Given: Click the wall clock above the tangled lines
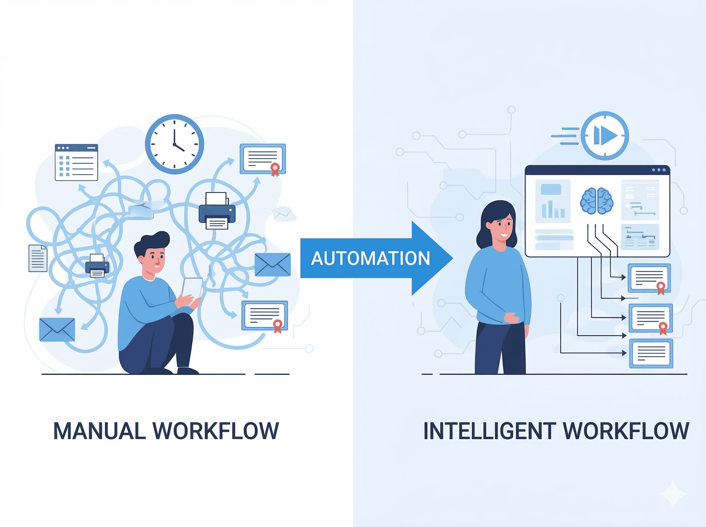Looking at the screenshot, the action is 174,144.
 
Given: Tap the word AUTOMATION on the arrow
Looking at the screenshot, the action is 370,259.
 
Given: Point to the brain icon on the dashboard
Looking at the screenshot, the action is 597,201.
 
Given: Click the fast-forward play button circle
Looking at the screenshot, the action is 605,136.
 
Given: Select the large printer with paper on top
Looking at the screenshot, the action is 217,211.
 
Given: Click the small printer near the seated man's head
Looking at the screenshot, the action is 97,266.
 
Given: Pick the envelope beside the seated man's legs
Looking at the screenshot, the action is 57,330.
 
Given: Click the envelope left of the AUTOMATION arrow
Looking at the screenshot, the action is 272,264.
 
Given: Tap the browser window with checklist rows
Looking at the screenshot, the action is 76,162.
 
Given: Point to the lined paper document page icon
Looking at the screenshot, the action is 38,258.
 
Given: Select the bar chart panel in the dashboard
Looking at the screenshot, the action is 553,201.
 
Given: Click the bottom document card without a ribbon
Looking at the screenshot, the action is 651,353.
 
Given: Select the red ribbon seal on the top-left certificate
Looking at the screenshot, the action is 275,169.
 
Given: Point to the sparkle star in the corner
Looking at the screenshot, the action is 673,494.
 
